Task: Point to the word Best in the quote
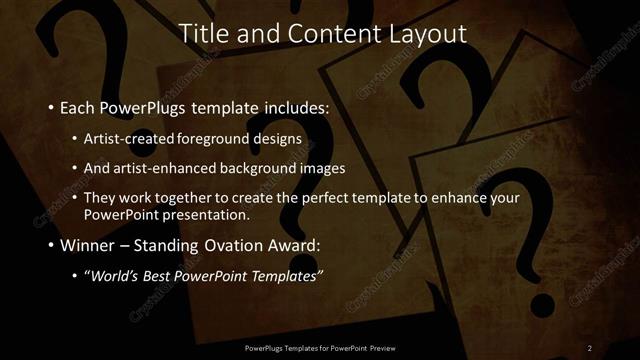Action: [166, 276]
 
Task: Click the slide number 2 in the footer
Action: [590, 347]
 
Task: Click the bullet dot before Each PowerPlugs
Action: [50, 106]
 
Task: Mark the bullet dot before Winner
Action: [50, 245]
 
